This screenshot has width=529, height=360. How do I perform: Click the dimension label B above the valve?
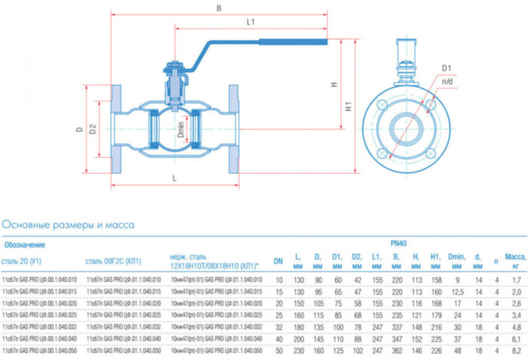pos(218,8)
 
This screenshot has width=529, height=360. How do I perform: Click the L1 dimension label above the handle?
pos(250,23)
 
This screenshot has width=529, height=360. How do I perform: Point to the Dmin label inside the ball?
pos(176,130)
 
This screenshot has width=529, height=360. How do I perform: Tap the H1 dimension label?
pos(348,108)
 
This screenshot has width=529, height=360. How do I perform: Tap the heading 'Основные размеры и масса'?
pos(69,225)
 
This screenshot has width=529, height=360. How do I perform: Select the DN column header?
pos(278,261)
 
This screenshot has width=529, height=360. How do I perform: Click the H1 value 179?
pos(435,315)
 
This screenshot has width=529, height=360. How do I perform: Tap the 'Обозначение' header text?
pos(26,244)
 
